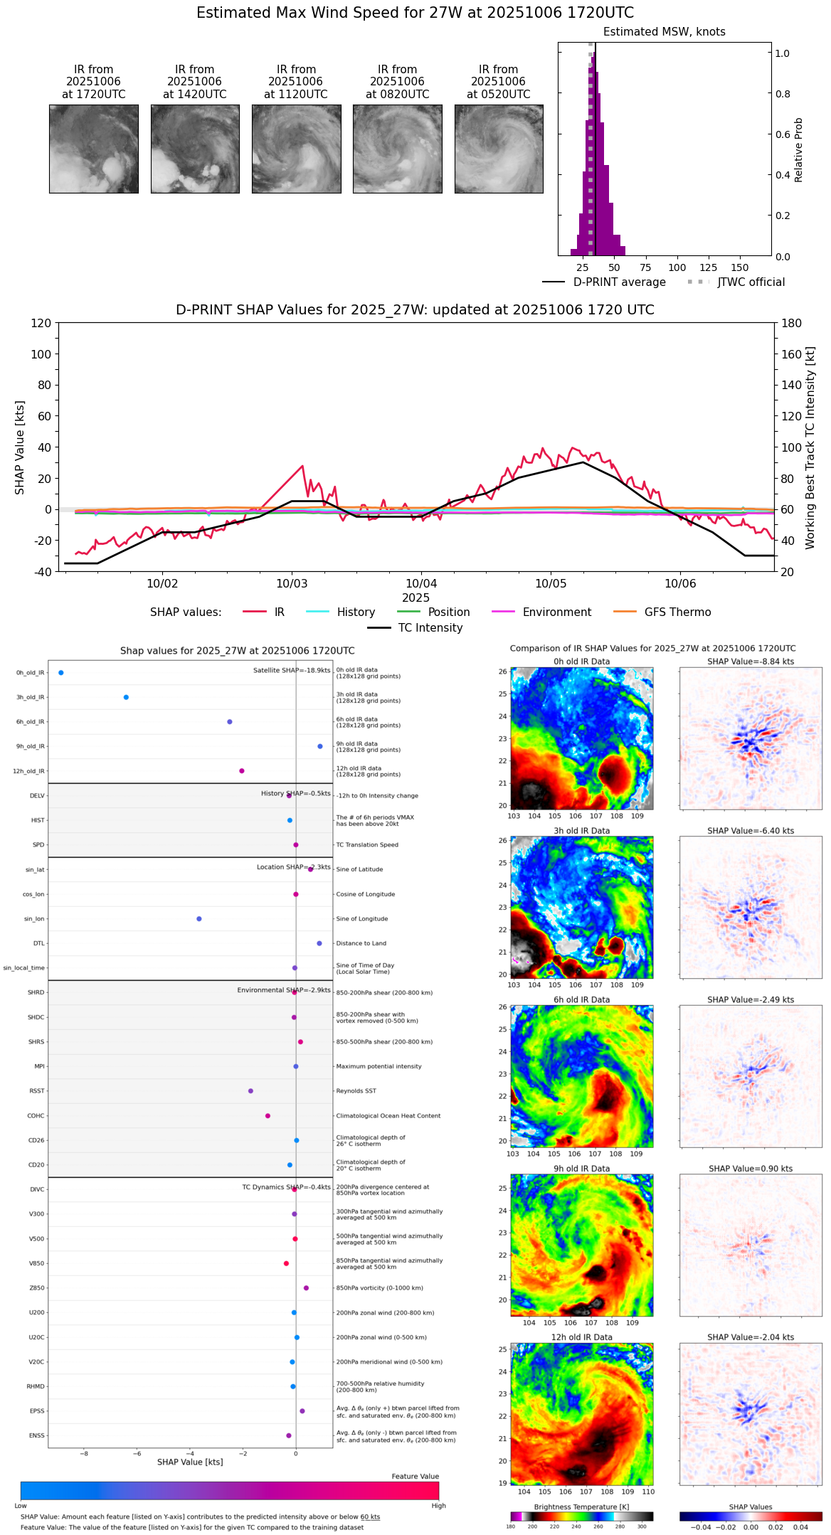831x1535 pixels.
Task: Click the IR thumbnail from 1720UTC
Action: point(93,149)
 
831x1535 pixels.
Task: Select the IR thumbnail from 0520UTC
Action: point(499,149)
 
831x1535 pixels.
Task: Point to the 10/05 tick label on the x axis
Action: point(551,584)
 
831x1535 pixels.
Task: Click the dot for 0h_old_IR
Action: point(61,672)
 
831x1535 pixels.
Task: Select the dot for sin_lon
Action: point(199,919)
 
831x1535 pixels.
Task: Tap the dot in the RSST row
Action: point(250,1090)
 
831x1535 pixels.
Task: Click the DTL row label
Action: point(38,943)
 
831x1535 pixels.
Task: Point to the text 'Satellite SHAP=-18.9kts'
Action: point(292,670)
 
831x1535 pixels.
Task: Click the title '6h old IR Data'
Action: point(581,999)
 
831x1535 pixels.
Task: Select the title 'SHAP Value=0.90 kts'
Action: point(751,1169)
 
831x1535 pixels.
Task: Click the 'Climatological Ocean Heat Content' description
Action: point(388,1115)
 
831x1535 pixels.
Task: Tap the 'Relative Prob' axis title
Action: point(799,149)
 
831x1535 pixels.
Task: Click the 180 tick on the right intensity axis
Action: point(792,323)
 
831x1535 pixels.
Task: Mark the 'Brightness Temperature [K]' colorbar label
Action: point(581,1507)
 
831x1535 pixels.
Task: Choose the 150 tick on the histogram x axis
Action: point(740,267)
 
